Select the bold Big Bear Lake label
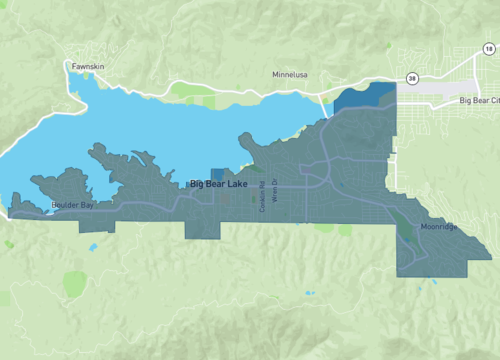pyautogui.click(x=219, y=184)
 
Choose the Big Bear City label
pyautogui.click(x=477, y=101)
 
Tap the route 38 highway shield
pyautogui.click(x=412, y=78)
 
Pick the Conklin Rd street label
pyautogui.click(x=263, y=195)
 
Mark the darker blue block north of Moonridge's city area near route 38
pyautogui.click(x=365, y=97)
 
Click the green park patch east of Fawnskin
pyautogui.click(x=185, y=90)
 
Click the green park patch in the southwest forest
pyautogui.click(x=74, y=284)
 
